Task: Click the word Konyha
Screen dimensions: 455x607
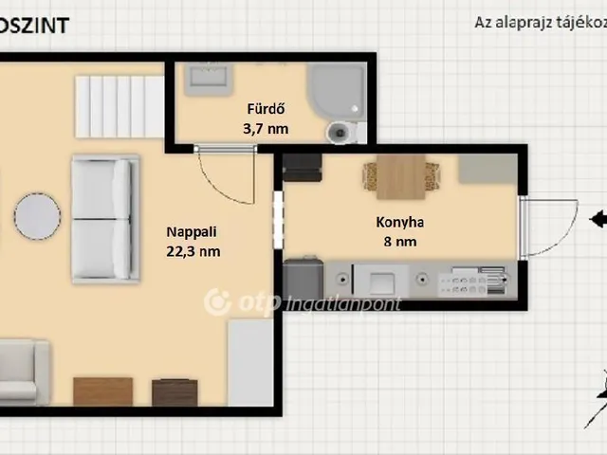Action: (399, 224)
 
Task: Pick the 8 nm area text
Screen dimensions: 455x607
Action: (399, 242)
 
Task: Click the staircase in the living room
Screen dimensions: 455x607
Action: (120, 107)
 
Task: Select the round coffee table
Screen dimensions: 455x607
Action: (37, 217)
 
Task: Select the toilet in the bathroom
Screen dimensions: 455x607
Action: (340, 132)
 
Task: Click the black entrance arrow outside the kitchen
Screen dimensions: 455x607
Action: (598, 220)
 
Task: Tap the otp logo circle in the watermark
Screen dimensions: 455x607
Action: (219, 302)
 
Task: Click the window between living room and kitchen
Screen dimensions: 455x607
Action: (278, 220)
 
